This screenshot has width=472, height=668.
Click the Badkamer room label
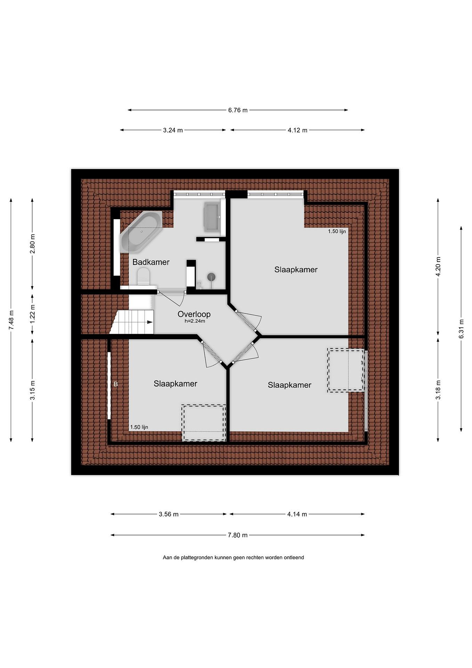[x=151, y=262]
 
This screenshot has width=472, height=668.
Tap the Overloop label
[x=194, y=314]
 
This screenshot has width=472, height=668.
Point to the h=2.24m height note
[x=195, y=321]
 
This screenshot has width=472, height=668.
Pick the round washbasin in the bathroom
[x=211, y=277]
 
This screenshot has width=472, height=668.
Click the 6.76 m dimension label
[x=238, y=110]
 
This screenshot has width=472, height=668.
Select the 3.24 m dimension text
[x=173, y=130]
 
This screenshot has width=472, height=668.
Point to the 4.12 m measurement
[x=297, y=130]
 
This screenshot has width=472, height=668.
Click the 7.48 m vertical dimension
[x=11, y=320]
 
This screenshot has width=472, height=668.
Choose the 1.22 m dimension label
[x=32, y=314]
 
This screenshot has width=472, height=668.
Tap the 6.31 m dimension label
[x=461, y=329]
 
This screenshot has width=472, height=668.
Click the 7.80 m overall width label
[x=238, y=535]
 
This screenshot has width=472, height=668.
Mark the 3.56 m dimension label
[x=169, y=514]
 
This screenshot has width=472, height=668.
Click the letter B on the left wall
[x=116, y=384]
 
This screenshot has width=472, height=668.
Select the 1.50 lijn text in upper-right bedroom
[x=337, y=231]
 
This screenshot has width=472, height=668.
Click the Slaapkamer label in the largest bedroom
[x=296, y=270]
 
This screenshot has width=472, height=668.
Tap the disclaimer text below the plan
[x=233, y=558]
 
